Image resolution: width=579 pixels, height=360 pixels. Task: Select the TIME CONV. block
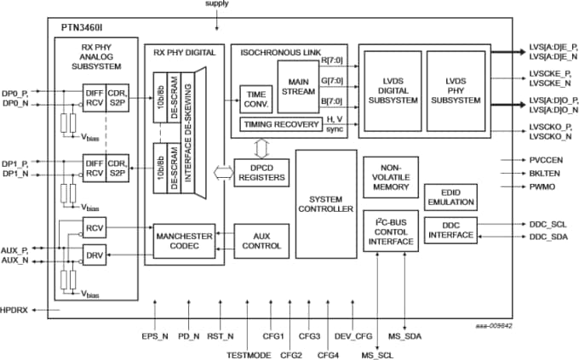(255, 100)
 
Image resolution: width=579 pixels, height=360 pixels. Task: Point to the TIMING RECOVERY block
(277, 124)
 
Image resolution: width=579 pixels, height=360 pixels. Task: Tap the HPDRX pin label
(14, 311)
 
